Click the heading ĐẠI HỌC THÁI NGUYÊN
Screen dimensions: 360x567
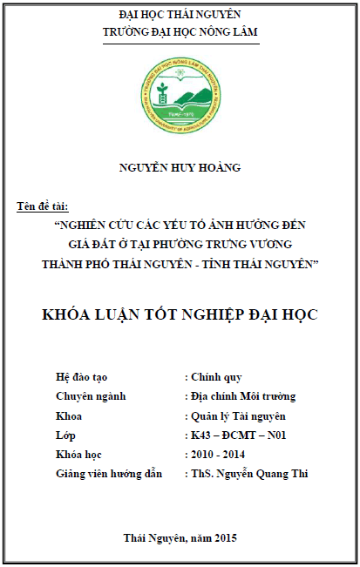(x=180, y=15)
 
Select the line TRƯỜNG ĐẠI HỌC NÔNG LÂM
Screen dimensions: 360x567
(x=180, y=32)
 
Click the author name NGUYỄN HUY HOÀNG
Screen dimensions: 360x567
(x=180, y=167)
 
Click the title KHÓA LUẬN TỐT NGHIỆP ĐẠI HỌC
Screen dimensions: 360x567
(x=180, y=314)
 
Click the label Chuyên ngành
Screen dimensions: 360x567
(x=91, y=396)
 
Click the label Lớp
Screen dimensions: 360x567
(x=64, y=435)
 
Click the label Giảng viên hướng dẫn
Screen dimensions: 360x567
(x=108, y=474)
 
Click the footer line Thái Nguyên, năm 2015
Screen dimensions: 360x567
(x=180, y=537)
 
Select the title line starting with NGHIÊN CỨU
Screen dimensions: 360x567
(x=180, y=225)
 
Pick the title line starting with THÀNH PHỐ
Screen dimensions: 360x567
(x=180, y=263)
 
